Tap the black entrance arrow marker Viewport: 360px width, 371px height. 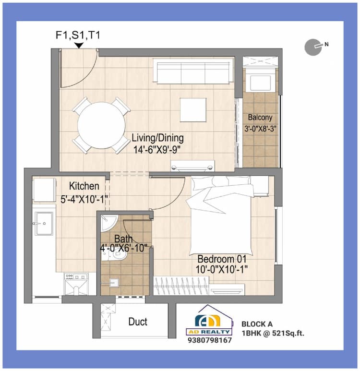coord(79,45)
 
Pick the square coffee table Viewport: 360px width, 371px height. coord(193,110)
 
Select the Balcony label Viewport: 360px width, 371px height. coord(260,118)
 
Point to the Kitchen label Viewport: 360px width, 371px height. coord(84,186)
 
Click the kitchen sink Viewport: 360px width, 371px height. coord(43,223)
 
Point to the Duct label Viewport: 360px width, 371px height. coord(138,322)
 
